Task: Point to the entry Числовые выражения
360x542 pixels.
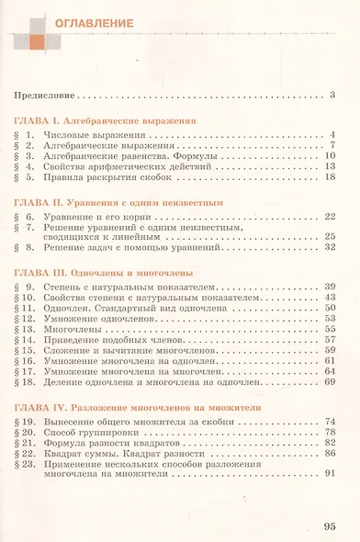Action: click(x=90, y=134)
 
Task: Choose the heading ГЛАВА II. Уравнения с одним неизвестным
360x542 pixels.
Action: click(x=119, y=201)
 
